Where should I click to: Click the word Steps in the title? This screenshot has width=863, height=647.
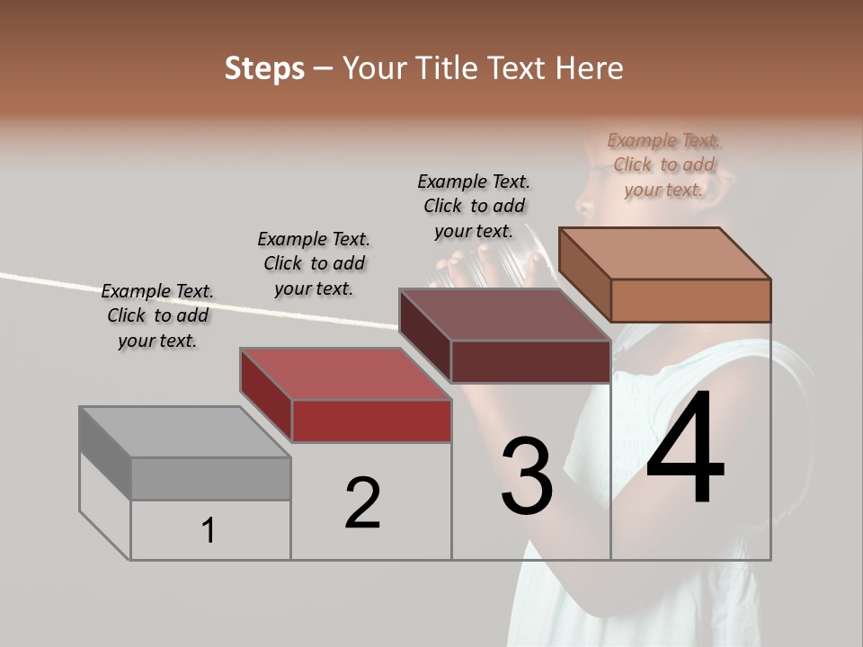(264, 68)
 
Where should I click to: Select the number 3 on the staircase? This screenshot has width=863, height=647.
(527, 476)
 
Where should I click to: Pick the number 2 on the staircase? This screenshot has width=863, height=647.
(363, 503)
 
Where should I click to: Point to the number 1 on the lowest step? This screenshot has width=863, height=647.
(209, 531)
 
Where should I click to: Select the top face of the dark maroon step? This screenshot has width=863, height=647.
(503, 315)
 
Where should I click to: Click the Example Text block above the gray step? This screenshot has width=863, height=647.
(157, 315)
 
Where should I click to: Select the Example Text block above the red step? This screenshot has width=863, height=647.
(314, 263)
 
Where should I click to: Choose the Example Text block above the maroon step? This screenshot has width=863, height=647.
(474, 206)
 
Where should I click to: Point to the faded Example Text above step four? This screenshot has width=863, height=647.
(663, 164)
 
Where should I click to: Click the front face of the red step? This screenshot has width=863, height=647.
(371, 421)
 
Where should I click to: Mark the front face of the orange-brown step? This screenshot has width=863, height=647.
(690, 300)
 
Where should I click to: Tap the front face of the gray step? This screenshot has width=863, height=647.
(210, 478)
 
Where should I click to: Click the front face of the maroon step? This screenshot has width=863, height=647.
(530, 361)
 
